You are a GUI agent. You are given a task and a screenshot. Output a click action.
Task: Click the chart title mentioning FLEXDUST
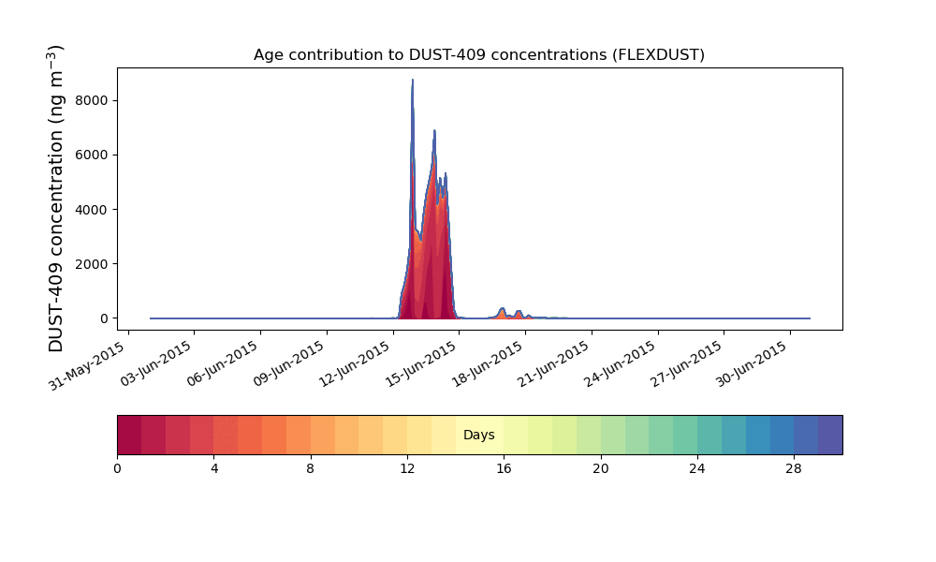pos(478,55)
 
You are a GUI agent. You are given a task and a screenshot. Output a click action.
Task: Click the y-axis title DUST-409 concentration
pos(57,199)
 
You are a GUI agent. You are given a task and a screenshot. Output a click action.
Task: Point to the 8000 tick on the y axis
pos(93,100)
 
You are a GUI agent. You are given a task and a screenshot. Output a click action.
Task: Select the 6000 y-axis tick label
pos(93,155)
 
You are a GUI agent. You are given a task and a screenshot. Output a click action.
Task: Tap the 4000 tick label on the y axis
pos(93,209)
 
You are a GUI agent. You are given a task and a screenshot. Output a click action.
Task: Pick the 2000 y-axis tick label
pos(93,263)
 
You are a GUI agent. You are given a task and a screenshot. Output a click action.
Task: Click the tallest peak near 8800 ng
pos(413,81)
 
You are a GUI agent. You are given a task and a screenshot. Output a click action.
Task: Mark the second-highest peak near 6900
pos(434,132)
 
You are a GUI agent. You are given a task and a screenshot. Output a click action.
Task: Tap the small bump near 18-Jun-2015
pos(502,309)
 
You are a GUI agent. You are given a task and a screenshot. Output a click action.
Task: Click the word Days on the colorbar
pos(478,436)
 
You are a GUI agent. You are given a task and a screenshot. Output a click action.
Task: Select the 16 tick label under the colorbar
pos(504,468)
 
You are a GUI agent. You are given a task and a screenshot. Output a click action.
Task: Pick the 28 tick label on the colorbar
pos(794,468)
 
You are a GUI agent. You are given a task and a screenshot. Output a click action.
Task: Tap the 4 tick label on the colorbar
pos(214,468)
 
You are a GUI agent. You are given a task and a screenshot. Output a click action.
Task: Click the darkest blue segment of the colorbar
pos(830,435)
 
